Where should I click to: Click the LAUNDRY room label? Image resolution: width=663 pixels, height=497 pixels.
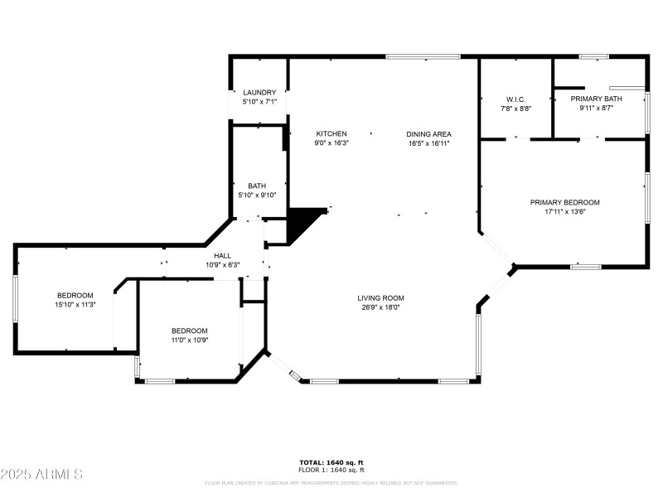tap(259, 93)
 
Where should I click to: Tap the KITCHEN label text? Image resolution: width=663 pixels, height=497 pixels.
tap(331, 133)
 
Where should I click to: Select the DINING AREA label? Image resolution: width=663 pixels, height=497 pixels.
tap(428, 133)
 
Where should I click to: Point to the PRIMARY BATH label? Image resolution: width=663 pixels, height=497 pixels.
tap(601, 99)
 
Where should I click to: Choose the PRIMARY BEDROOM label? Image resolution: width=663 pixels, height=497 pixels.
tap(564, 202)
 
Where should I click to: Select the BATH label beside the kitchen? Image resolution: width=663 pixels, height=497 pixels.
tap(256, 186)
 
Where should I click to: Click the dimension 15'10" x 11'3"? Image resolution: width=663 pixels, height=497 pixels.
tap(75, 305)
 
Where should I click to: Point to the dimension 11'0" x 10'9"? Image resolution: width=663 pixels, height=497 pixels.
tap(189, 340)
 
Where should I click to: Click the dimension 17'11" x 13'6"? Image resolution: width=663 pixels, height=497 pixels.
tap(564, 211)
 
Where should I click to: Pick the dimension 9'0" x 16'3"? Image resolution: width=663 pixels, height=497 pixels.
tap(331, 142)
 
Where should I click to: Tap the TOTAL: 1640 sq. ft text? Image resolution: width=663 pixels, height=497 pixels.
tap(331, 462)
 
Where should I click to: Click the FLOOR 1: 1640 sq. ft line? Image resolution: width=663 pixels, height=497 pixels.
tap(331, 470)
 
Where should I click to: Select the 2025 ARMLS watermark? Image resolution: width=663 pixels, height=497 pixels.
tap(41, 475)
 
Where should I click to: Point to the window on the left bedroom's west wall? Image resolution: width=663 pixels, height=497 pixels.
tap(15, 299)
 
